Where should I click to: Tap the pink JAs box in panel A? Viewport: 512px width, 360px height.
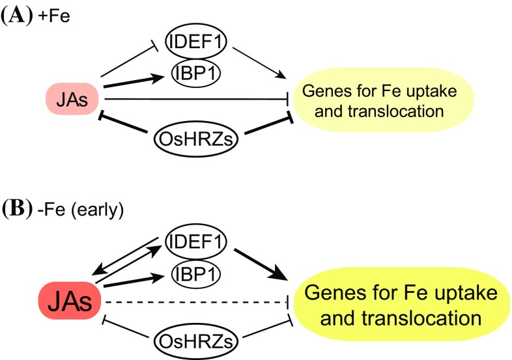[x=72, y=100]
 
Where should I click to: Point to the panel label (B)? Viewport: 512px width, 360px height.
[x=14, y=211]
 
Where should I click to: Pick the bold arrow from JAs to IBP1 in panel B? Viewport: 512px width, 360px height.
[x=137, y=282]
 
